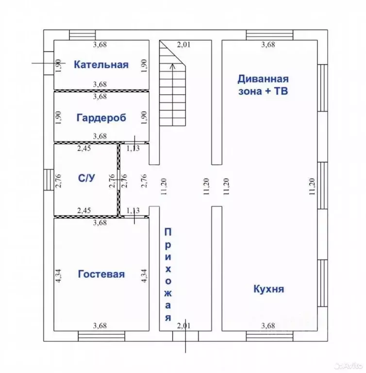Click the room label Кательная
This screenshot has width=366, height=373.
tap(101, 65)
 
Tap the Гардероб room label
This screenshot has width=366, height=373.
tap(101, 118)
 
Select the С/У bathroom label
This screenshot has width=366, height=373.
tap(86, 178)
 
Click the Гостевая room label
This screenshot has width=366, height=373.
tap(101, 274)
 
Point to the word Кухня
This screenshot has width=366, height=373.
tap(269, 289)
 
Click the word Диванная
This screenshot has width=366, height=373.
tap(263, 79)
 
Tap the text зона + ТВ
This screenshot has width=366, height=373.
tap(263, 91)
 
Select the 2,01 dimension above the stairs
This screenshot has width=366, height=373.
tap(183, 45)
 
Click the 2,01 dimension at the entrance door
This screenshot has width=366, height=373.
tap(183, 325)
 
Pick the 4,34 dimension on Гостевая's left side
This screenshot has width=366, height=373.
tap(58, 275)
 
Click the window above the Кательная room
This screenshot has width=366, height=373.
tap(83, 35)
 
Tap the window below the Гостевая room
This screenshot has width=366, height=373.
tap(101, 337)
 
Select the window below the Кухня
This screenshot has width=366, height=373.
tap(270, 337)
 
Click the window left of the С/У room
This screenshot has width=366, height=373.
tap(49, 180)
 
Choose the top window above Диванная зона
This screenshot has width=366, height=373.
tap(270, 35)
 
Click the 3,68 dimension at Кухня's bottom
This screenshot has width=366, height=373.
tap(268, 325)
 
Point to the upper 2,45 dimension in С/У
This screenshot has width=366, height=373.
tap(84, 148)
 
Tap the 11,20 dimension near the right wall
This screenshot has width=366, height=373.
tap(312, 186)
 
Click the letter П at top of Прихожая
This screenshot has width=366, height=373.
tap(167, 233)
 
